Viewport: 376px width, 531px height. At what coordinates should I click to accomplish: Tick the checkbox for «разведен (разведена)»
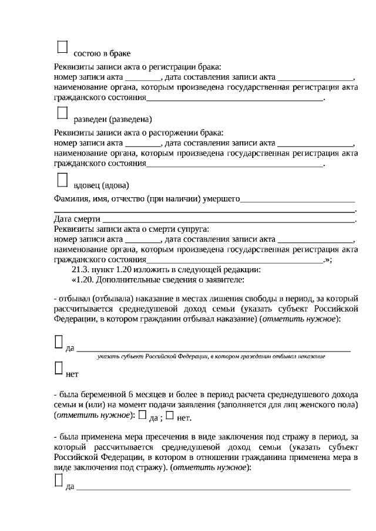point(62,114)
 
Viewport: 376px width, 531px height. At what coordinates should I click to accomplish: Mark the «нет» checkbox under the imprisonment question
point(58,368)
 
